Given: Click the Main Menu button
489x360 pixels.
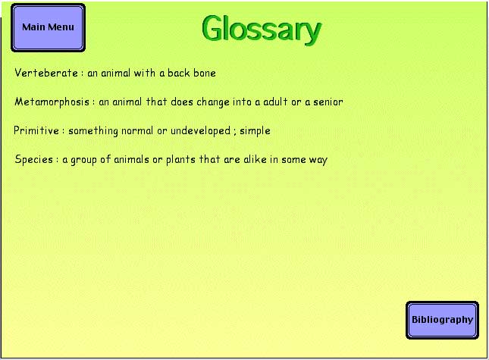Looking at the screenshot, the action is tap(48, 27).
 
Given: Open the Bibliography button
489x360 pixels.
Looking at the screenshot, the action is tap(442, 320).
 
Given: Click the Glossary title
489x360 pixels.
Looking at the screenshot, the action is tap(262, 30).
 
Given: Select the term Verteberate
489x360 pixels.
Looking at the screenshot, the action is tap(46, 73).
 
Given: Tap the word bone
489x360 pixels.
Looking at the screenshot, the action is tap(205, 73).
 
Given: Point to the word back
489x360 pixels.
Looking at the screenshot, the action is tap(179, 73).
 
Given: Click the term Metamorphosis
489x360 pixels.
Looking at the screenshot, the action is tap(52, 102).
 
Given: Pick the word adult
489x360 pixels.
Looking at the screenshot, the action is tap(275, 102).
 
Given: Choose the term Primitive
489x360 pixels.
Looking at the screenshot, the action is tap(36, 130).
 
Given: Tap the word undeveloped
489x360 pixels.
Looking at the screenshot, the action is tap(200, 131).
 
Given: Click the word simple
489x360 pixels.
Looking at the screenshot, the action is tap(255, 131).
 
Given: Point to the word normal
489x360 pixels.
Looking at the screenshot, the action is tap(137, 130).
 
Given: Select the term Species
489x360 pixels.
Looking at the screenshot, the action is tap(34, 160).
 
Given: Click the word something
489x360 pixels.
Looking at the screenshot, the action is tap(93, 131).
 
